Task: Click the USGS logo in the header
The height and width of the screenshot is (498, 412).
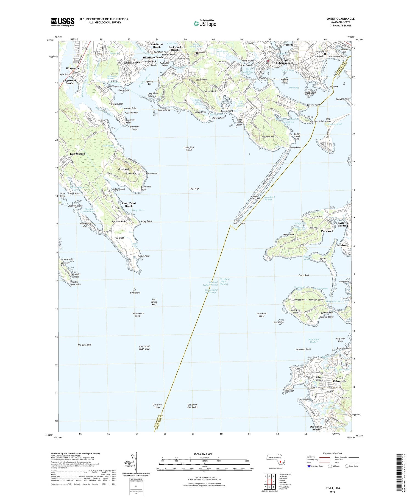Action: coord(63,22)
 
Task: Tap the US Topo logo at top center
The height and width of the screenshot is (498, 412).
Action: coord(205,23)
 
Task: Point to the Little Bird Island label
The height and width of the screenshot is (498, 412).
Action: coord(189,149)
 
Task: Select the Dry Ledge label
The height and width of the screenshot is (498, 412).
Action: coord(194,188)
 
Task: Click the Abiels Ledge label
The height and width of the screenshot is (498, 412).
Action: coord(240,223)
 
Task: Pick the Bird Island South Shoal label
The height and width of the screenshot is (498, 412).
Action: coord(144,347)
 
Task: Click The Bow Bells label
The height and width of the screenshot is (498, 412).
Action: coord(84,344)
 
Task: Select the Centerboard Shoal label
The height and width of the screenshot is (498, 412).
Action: coord(138,315)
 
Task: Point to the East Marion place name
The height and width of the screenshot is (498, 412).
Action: coord(77,154)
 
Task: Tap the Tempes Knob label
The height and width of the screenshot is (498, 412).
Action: coord(268,137)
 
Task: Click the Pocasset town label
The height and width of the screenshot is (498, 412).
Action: coord(327,231)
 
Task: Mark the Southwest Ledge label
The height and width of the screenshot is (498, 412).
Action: coord(261,315)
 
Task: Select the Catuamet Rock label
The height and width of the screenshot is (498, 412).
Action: coord(303,349)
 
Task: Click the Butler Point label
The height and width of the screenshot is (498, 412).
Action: coord(143,256)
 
